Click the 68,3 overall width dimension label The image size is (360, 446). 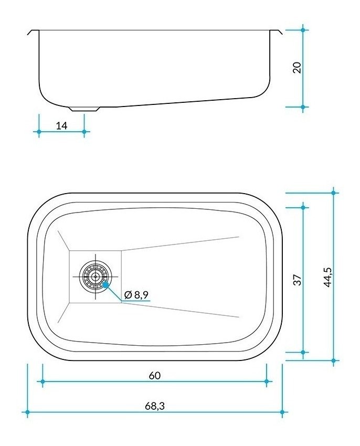click(155, 406)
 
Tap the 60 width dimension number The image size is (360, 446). click(155, 376)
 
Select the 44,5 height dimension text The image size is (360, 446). click(327, 277)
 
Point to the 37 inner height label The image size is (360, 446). click(297, 280)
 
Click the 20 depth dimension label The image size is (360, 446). click(297, 67)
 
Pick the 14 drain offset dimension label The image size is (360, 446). click(61, 125)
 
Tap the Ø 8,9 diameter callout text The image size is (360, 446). click(136, 295)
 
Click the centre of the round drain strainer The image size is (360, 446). click(96, 276)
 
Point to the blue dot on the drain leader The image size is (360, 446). click(105, 285)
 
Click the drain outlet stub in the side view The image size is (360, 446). click(84, 109)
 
